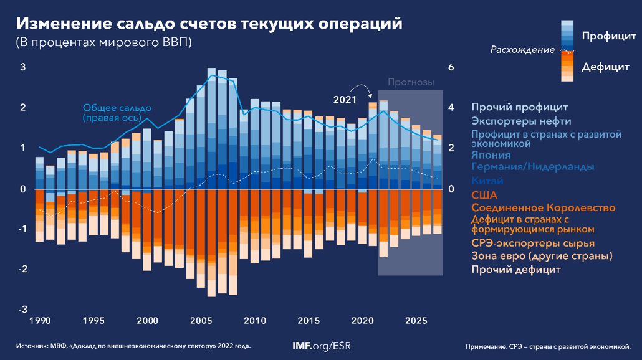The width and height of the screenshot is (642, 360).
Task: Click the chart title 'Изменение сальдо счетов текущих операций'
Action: point(209,23)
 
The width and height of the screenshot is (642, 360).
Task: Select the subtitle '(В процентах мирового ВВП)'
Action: point(103,43)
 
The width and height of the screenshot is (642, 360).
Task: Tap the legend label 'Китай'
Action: point(487,181)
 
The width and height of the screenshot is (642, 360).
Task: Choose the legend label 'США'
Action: point(484,195)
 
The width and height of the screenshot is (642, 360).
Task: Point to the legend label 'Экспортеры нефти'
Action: point(521,121)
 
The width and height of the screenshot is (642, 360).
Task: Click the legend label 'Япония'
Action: point(491,155)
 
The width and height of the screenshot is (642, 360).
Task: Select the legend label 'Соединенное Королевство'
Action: point(543,207)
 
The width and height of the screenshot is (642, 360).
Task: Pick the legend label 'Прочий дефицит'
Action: point(516,270)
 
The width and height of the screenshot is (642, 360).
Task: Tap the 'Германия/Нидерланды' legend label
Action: point(532,167)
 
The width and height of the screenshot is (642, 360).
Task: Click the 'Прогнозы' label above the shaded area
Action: point(410,82)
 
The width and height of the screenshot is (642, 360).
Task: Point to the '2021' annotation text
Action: point(344,99)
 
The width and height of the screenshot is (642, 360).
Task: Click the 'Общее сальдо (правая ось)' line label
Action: point(112,112)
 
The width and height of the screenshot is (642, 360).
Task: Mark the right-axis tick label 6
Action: point(452,67)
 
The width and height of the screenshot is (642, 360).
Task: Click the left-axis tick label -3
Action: point(22,310)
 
